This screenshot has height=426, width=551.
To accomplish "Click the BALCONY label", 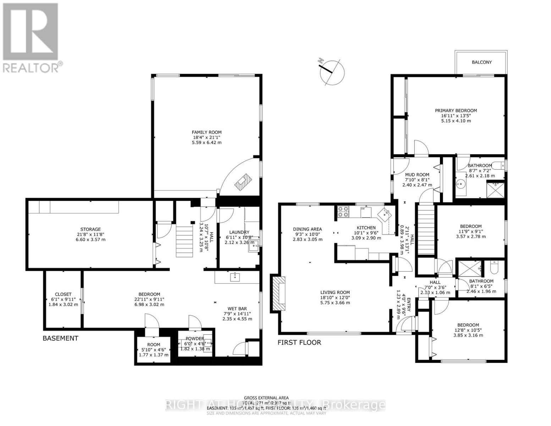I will click(x=481, y=62).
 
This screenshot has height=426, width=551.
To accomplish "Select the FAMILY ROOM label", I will click(x=206, y=132).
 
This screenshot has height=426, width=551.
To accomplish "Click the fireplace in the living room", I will click(x=279, y=294).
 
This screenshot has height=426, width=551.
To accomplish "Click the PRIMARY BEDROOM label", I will click(x=456, y=110).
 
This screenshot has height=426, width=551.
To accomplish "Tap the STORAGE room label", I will click(x=90, y=229).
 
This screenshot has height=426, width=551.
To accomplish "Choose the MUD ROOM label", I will click(x=417, y=175).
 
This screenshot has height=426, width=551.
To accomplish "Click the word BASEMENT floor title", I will click(x=60, y=338).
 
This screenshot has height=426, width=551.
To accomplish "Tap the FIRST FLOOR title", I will click(x=299, y=343).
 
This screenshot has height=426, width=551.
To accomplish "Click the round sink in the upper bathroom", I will click(x=462, y=184).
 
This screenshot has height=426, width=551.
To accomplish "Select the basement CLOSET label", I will click(x=63, y=294).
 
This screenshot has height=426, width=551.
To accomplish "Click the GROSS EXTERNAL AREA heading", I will click(x=266, y=398).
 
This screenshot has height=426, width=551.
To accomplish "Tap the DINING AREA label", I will click(x=307, y=229).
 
